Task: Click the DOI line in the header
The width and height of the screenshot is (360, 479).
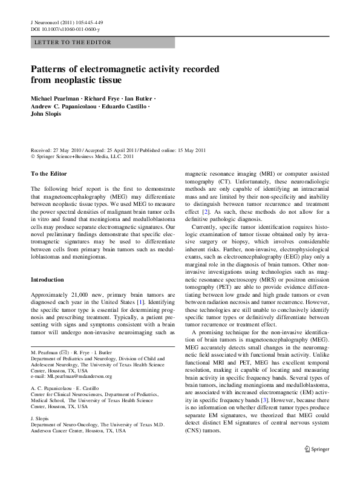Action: coord(65,29)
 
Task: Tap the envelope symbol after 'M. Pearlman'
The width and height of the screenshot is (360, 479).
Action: coord(62,352)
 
